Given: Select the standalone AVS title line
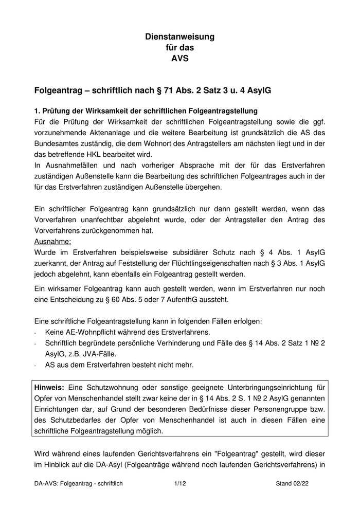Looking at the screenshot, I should (x=179, y=58).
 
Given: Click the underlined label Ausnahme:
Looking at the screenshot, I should (x=52, y=241).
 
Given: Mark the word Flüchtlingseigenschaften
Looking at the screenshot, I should (x=211, y=263).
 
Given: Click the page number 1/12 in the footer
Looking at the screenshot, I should (x=179, y=484).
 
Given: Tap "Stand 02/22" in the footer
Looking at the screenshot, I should (x=292, y=484).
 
